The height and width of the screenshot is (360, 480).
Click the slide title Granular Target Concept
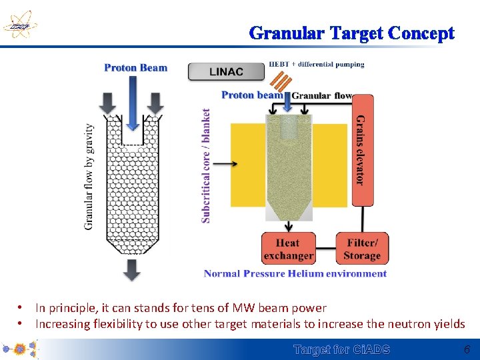(x=352, y=33)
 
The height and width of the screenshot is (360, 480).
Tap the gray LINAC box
(x=226, y=71)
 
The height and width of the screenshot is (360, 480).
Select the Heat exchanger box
(x=288, y=249)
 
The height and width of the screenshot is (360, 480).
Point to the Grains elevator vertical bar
(x=362, y=150)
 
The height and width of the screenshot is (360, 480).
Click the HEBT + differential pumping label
(x=317, y=65)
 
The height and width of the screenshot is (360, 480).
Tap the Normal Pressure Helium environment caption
(x=295, y=273)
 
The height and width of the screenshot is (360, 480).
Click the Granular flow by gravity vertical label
(x=89, y=177)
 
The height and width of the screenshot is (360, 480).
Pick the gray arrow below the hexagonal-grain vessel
(x=133, y=269)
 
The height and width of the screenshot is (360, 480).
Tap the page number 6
(x=467, y=349)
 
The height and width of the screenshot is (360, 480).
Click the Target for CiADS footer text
(x=342, y=349)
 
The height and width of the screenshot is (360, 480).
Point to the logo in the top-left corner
(x=19, y=27)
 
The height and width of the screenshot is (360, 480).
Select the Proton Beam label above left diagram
(x=136, y=67)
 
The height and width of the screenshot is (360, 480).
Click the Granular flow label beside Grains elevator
(x=322, y=96)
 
